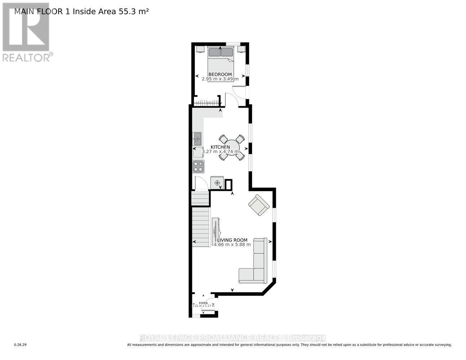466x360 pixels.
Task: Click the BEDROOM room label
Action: [x=220, y=74]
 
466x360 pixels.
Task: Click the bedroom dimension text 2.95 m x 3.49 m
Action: [x=220, y=79]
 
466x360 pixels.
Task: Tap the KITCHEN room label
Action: [x=220, y=147]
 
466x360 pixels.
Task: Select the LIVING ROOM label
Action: [x=232, y=240]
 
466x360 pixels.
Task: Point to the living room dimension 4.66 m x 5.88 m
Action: [x=232, y=244]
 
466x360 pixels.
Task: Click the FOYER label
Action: [x=203, y=303]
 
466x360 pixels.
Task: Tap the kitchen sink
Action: [x=197, y=138]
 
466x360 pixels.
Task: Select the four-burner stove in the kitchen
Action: [x=198, y=167]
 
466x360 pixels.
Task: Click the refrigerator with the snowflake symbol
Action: [x=217, y=183]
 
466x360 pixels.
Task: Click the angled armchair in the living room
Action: [x=259, y=205]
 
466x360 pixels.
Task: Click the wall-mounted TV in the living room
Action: [x=215, y=231]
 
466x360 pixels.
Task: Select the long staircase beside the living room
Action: [x=201, y=227]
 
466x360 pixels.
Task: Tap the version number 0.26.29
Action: [x=20, y=345]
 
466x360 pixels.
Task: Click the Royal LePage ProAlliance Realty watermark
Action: [x=233, y=338]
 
